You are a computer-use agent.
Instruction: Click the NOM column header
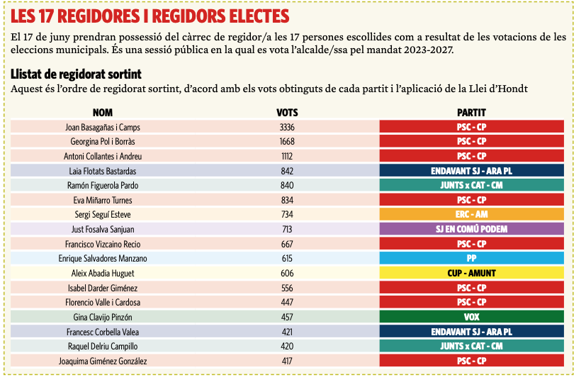103,113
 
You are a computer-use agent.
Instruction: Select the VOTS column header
287,113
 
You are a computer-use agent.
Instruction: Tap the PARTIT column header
471,113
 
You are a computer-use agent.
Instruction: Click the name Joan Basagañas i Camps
103,127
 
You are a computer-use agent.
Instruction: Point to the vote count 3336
287,127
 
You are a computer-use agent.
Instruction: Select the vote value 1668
287,142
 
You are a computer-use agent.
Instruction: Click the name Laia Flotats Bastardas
103,171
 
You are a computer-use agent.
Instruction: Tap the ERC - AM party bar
471,214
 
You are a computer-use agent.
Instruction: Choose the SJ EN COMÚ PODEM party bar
471,229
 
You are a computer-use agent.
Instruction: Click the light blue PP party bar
471,258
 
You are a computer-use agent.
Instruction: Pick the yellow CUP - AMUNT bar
471,273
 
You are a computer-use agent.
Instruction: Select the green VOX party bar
471,317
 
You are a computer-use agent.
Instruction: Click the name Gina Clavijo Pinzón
103,317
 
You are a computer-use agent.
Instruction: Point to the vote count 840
287,185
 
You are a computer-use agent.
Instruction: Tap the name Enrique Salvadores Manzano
103,258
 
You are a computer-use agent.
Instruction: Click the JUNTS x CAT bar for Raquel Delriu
471,346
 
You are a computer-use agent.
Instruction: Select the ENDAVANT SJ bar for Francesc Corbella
471,331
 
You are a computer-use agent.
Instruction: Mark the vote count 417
287,361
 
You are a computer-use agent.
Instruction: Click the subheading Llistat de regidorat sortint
76,74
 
